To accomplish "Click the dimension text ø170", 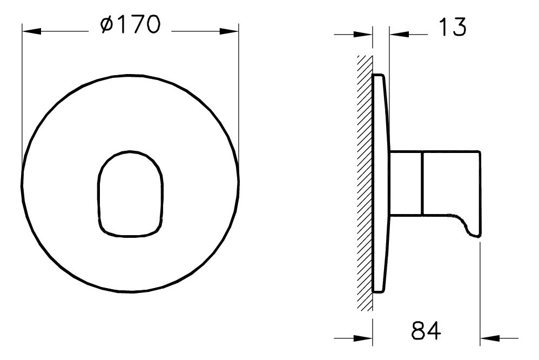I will click(x=130, y=25).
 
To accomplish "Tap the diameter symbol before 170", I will click(x=106, y=25).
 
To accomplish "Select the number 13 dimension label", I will click(x=451, y=27).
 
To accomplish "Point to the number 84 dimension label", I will click(x=426, y=330).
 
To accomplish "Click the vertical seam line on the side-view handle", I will click(x=422, y=183).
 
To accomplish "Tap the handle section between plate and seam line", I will click(x=406, y=183).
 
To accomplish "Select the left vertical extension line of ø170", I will click(x=22, y=97).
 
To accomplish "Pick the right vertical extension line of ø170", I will click(x=238, y=97).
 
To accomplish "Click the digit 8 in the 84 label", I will click(x=418, y=330).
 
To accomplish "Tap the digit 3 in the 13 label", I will click(x=459, y=27).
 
